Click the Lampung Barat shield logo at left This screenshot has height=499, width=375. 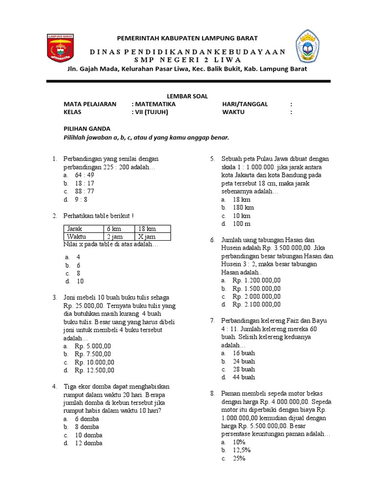point(60,48)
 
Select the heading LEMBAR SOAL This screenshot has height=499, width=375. point(187,96)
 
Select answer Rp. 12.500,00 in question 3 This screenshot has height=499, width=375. point(94,370)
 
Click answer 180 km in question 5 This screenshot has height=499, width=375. point(243,207)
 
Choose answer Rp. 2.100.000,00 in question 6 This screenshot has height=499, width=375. point(256,304)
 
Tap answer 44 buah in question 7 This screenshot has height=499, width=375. point(244,377)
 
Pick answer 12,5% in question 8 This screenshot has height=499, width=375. point(242,450)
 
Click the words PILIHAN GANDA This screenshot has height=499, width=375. point(87,129)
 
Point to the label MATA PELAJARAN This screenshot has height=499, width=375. point(90,104)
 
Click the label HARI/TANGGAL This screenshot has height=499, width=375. point(245,104)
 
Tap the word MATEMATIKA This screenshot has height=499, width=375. point(155,104)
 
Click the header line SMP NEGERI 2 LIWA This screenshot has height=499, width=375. point(187,60)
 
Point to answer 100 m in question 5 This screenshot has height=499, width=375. point(242,223)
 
